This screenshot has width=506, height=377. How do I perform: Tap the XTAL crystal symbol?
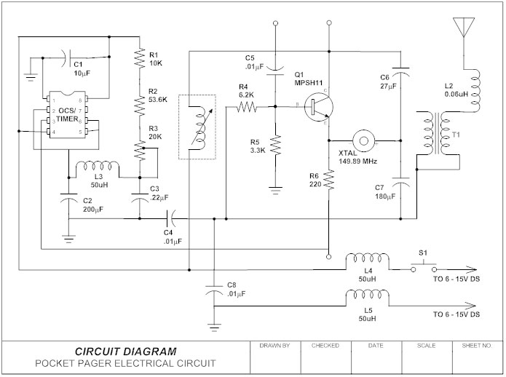click(x=363, y=139)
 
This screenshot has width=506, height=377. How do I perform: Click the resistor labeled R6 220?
click(x=329, y=178)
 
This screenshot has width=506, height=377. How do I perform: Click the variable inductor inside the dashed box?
click(x=197, y=127)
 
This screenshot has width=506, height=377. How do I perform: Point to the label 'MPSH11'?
click(x=309, y=82)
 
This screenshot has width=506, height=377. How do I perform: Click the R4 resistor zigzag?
click(x=247, y=107)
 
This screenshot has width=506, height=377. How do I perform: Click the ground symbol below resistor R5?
click(x=276, y=190)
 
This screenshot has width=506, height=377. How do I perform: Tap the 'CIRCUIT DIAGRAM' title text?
click(x=125, y=351)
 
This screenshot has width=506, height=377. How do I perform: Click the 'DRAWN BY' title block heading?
click(x=274, y=346)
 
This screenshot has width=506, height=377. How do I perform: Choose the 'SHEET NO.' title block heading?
click(x=478, y=346)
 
